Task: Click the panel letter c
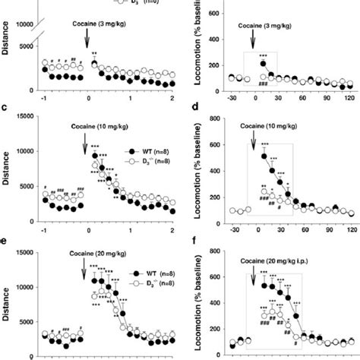[x=5, y=110]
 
